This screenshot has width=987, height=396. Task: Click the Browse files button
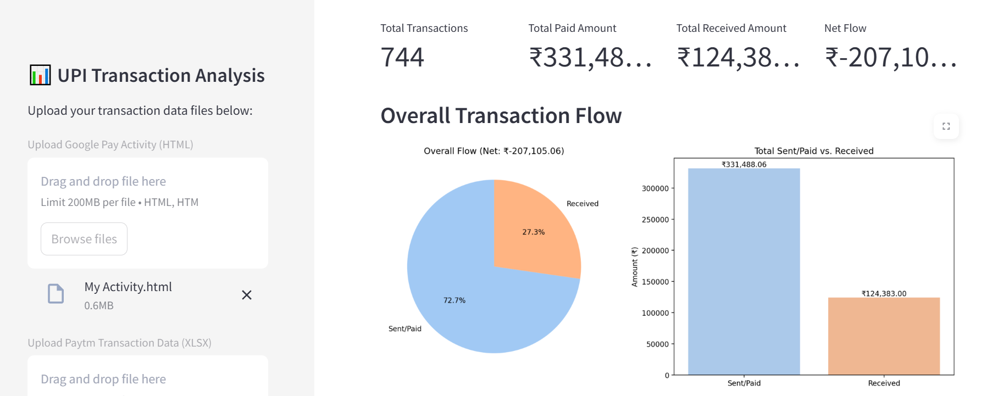click(x=84, y=239)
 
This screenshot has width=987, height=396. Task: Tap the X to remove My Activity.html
click(x=247, y=295)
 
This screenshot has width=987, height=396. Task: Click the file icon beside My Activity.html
click(x=56, y=294)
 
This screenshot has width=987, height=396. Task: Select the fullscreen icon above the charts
click(x=946, y=126)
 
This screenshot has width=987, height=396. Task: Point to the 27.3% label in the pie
click(x=533, y=232)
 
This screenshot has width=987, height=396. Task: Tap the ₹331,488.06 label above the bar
click(x=744, y=164)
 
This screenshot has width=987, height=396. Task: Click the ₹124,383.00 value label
click(x=884, y=294)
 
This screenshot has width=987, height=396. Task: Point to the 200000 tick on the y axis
click(x=655, y=251)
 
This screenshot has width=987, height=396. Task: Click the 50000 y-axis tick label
click(x=657, y=344)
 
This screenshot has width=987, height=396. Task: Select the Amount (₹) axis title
click(x=635, y=267)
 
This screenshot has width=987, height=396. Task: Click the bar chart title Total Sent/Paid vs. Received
click(x=813, y=151)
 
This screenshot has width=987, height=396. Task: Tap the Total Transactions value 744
click(x=402, y=58)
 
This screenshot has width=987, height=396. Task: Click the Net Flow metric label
click(x=845, y=29)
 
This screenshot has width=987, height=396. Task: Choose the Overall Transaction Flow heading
click(x=501, y=116)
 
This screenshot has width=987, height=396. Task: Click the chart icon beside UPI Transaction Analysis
click(x=40, y=75)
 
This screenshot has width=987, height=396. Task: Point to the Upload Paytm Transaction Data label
click(x=119, y=343)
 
